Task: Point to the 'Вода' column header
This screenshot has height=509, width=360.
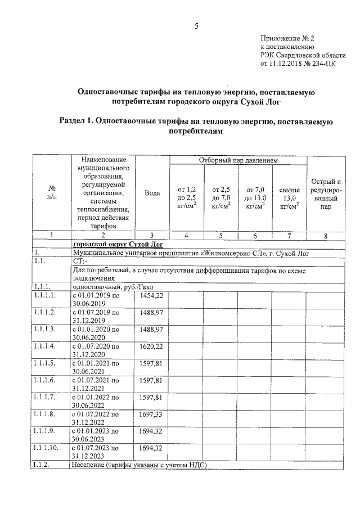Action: pyautogui.click(x=152, y=193)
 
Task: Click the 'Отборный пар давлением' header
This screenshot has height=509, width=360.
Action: pyautogui.click(x=238, y=161)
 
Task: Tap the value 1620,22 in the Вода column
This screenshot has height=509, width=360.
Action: pyautogui.click(x=151, y=346)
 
